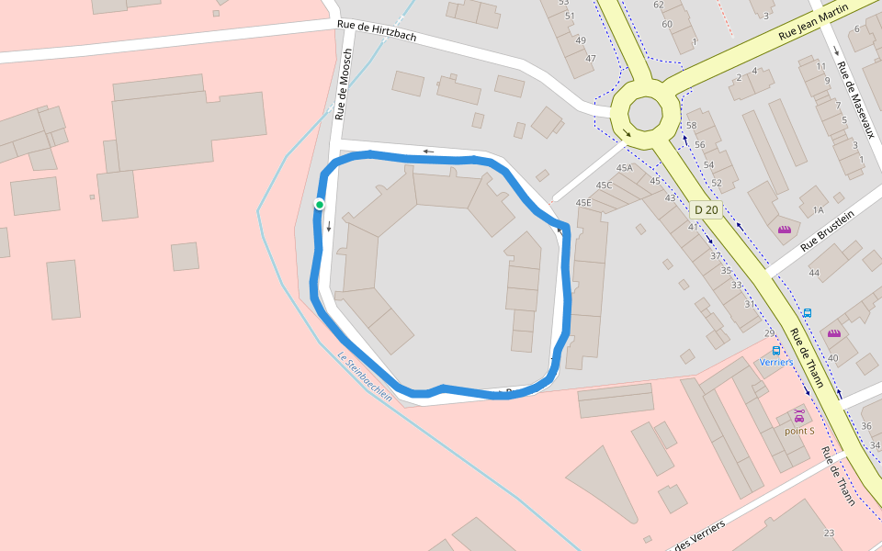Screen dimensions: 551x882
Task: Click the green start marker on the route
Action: pos(319,204)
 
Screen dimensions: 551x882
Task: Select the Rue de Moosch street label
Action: pos(345,84)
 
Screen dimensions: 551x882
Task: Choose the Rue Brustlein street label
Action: pos(826,231)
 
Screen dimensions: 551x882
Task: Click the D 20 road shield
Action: pos(706,209)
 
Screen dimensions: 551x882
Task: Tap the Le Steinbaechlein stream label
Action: pos(364,377)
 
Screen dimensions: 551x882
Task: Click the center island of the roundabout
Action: pos(643,115)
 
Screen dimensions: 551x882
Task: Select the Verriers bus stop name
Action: pos(776,362)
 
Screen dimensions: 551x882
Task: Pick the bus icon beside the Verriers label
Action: pos(776,350)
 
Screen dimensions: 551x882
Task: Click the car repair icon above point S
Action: pos(798,415)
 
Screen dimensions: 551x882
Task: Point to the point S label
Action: pos(798,430)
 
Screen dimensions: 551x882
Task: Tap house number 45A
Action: pos(625,168)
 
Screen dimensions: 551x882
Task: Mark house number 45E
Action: pos(583,202)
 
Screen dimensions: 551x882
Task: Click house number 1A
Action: pos(818,209)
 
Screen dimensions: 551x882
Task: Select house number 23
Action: pos(829,533)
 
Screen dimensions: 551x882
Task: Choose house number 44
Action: pos(813,273)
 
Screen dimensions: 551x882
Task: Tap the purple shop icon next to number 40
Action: pos(833,333)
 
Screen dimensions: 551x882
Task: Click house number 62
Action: pos(658,5)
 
